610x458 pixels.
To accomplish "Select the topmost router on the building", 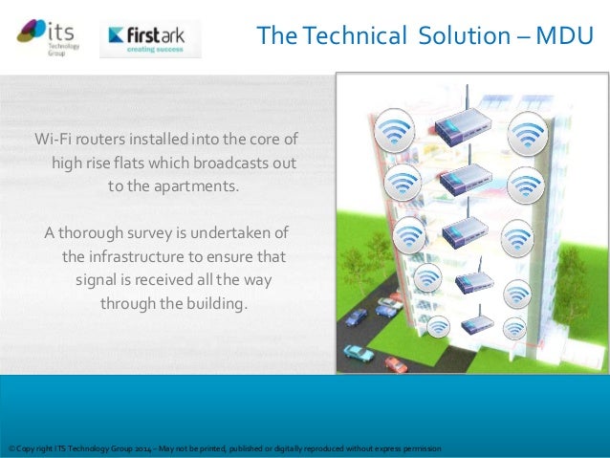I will [x=463, y=122].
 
